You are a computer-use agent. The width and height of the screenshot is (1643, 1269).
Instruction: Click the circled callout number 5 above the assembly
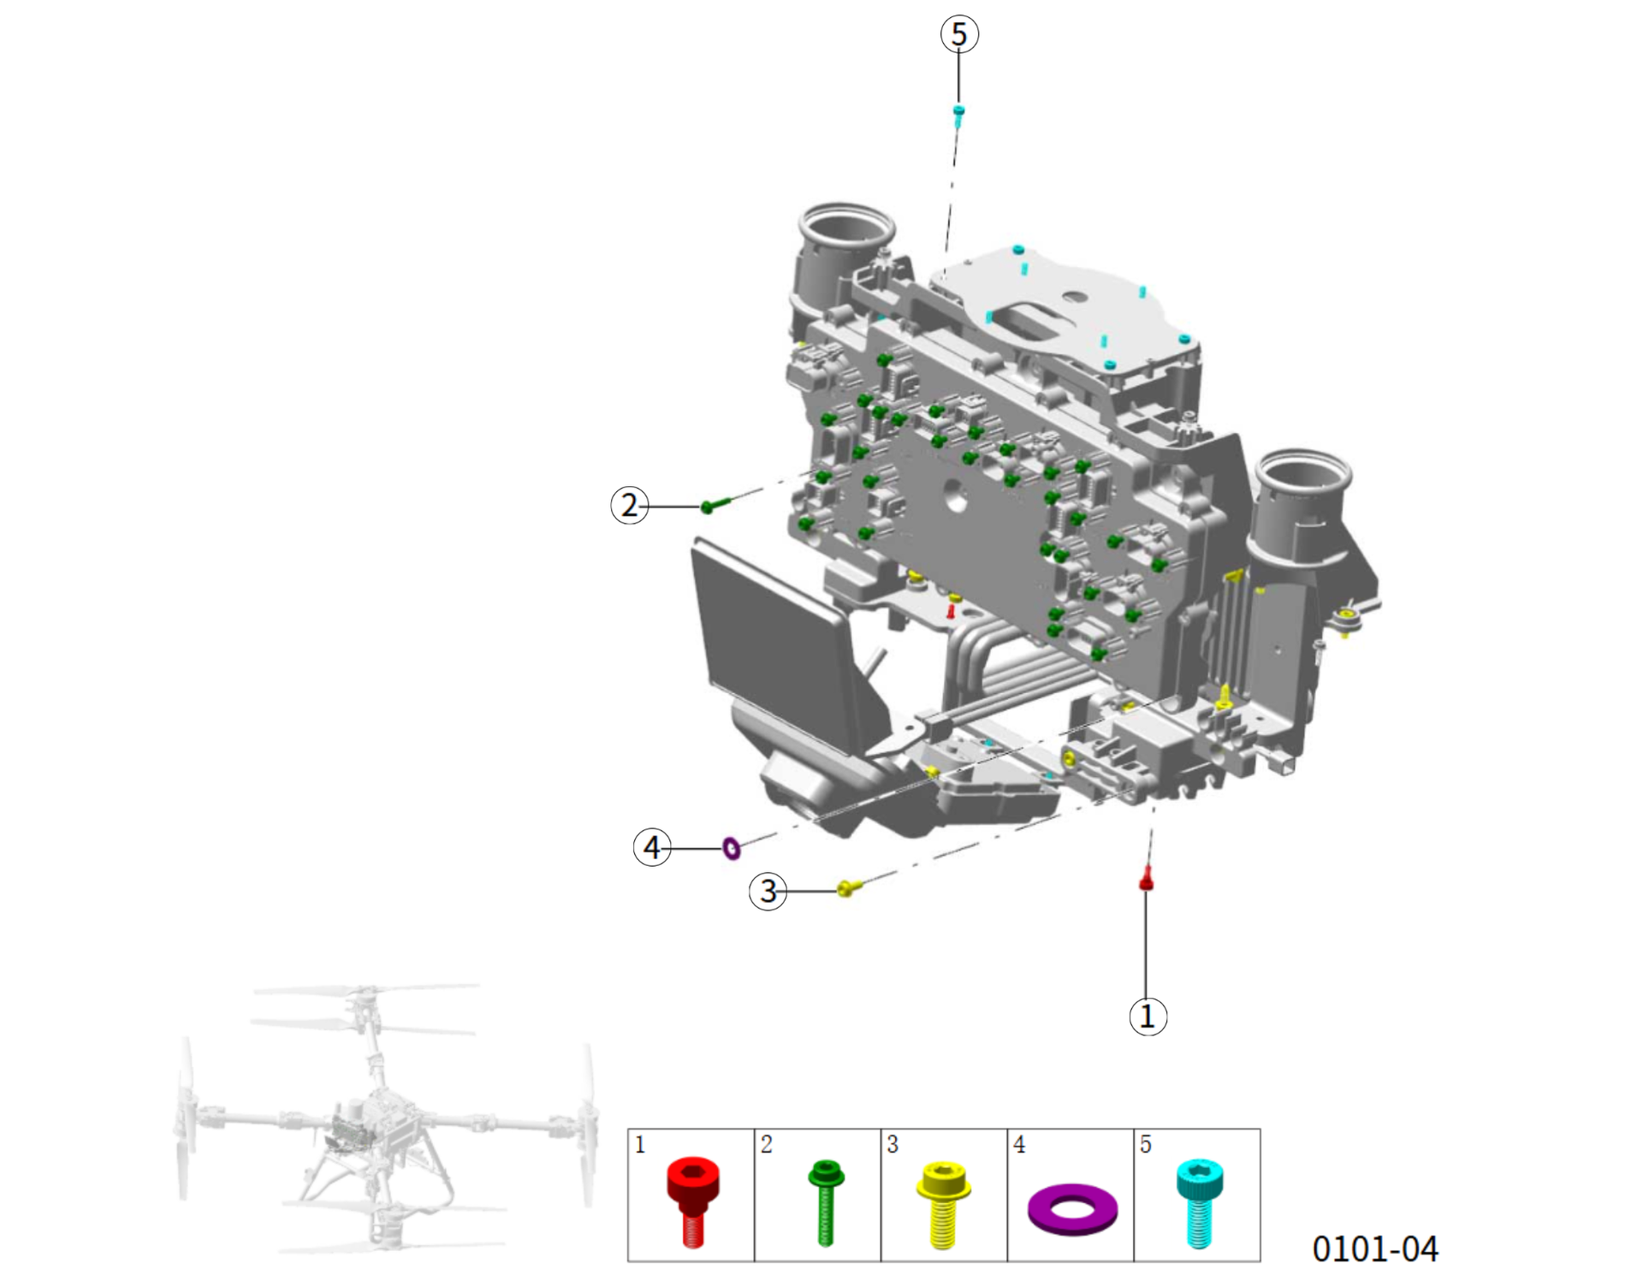tap(958, 34)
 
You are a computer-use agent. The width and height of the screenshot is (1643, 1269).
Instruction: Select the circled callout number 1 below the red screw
tap(1148, 1017)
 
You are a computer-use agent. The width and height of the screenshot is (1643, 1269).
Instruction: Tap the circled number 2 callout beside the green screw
tap(630, 505)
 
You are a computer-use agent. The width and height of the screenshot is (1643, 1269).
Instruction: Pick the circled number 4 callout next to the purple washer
tap(652, 847)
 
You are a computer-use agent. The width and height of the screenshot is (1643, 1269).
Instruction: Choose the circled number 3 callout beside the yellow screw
tap(768, 891)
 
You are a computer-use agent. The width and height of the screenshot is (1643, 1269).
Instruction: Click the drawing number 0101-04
tap(1375, 1248)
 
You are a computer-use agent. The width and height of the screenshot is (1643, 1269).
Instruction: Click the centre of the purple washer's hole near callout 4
tap(732, 848)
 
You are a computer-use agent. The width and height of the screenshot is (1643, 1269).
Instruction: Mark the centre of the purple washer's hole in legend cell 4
tap(1071, 1208)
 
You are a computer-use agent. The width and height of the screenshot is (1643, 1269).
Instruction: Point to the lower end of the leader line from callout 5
tap(958, 104)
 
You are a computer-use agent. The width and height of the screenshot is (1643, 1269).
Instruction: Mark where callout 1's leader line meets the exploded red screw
tap(1146, 890)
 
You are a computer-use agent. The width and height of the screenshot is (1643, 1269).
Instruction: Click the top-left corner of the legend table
tap(628, 1130)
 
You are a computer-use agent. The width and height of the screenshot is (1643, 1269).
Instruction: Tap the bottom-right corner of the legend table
tap(1260, 1260)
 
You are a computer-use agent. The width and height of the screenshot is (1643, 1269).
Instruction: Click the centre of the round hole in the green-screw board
tap(955, 495)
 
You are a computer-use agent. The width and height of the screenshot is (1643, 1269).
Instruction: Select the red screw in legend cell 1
tap(693, 1201)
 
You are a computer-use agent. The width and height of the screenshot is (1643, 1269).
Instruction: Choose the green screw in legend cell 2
tap(826, 1202)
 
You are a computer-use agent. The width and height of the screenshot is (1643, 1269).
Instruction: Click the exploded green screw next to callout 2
tap(717, 505)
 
